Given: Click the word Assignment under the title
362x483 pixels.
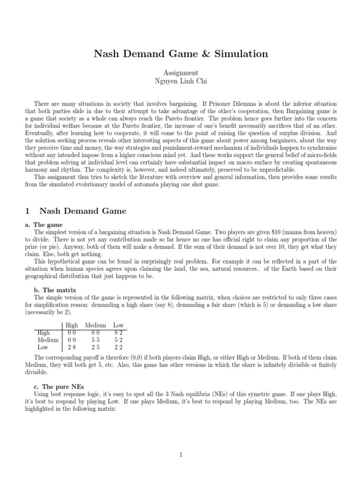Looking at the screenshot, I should click(181, 73).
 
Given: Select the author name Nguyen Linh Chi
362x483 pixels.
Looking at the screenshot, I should click(181, 81).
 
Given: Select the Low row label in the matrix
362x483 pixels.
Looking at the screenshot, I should click(43, 347).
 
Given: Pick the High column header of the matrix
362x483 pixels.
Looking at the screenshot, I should click(72, 325).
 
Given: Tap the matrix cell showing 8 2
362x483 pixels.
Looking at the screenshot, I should click(118, 333).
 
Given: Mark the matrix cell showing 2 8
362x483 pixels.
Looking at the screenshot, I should click(72, 347).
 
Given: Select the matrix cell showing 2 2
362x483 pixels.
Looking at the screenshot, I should click(118, 347).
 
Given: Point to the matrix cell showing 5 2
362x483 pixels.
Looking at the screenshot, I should click(118, 340).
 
